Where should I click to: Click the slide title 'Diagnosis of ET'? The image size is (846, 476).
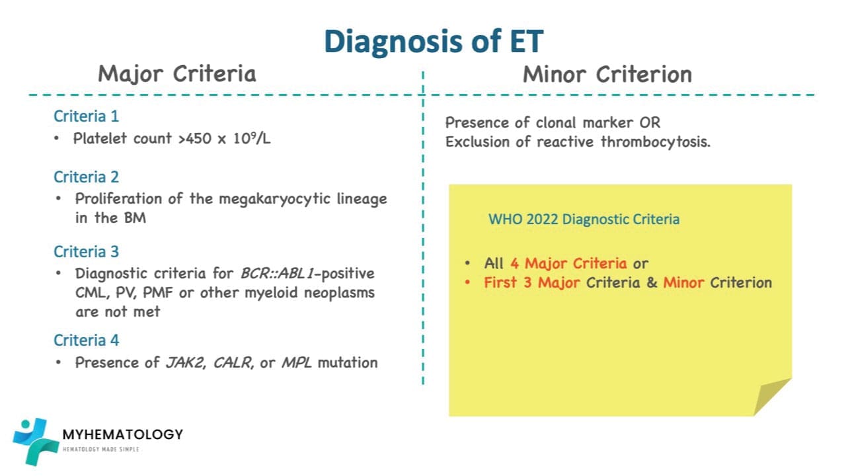click(x=433, y=41)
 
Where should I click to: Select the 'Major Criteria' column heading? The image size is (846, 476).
click(x=176, y=74)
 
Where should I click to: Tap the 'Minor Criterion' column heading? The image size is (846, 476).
click(x=607, y=74)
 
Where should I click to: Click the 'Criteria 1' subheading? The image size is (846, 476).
click(x=87, y=116)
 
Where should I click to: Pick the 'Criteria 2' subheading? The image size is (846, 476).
click(x=87, y=177)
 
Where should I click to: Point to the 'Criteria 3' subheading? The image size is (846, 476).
click(x=87, y=252)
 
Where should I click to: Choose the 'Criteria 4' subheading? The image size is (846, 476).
click(x=87, y=340)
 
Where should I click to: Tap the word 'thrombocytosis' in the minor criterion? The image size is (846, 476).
click(x=655, y=142)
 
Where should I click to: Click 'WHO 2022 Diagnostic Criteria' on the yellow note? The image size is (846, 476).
click(x=584, y=219)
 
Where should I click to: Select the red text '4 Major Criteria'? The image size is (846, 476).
click(x=568, y=263)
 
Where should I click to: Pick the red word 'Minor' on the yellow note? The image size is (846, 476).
click(x=684, y=282)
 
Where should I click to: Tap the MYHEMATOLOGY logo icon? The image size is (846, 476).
click(x=31, y=441)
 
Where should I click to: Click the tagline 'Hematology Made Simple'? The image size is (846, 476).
click(x=100, y=450)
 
